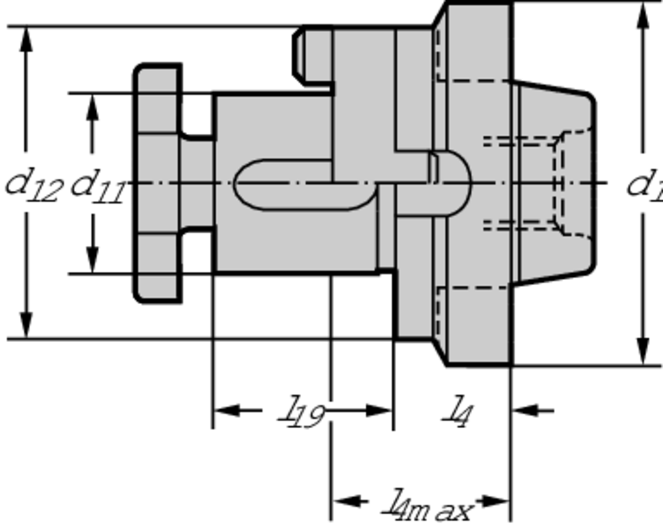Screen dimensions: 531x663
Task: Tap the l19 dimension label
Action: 302,412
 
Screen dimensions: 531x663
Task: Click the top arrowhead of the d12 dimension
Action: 26,39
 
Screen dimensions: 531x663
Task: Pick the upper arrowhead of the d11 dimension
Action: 93,105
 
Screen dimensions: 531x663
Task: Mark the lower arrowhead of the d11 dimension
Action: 93,261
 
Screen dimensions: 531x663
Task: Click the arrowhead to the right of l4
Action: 524,410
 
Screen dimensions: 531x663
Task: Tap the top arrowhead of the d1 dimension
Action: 642,16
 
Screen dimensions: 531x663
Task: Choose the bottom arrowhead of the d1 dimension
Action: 642,352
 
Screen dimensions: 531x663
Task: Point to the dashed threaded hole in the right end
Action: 524,184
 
